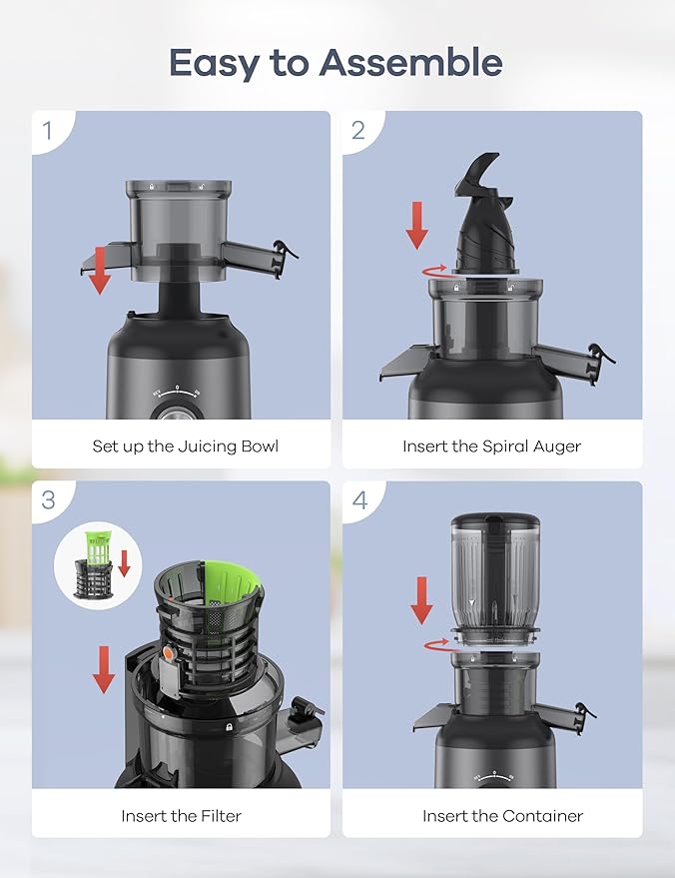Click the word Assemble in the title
410,63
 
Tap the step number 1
47,130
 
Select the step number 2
358,130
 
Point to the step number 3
48,499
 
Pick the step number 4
359,499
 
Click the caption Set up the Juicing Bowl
185,446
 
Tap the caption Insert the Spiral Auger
491,446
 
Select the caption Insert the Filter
181,816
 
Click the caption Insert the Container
502,816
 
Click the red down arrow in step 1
99,272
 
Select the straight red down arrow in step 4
422,600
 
